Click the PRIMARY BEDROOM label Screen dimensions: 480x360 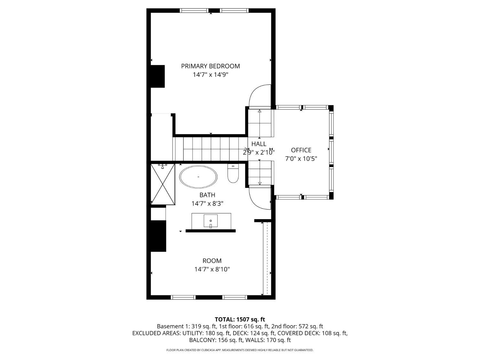pos(210,66)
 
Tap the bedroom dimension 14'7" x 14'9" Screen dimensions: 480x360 pos(210,75)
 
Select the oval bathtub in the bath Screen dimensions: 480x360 pos(198,177)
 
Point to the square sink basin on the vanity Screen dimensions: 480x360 pos(211,220)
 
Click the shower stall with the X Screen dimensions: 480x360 pos(163,184)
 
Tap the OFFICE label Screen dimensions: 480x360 pos(301,150)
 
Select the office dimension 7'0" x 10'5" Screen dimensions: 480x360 pos(301,159)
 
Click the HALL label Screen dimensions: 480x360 pos(259,144)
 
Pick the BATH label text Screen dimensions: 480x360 pos(207,195)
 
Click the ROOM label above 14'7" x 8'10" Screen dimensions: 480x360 pos(212,260)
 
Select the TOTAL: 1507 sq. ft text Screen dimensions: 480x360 pos(240,319)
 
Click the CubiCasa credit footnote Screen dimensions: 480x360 pos(240,350)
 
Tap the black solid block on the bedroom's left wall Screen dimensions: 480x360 pos(158,76)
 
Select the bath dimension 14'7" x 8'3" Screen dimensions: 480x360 pos(207,204)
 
